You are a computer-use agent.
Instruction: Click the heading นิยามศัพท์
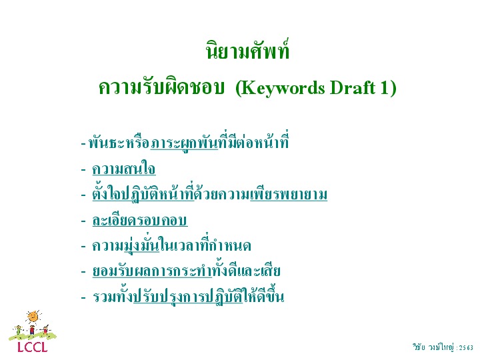coord(247,49)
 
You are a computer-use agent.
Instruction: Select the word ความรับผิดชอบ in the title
coord(161,87)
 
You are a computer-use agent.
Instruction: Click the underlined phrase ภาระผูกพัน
coord(184,143)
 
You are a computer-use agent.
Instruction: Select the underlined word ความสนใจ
coord(124,169)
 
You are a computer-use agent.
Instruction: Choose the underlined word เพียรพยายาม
coord(289,194)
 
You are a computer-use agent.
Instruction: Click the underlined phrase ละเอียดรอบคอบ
coord(140,220)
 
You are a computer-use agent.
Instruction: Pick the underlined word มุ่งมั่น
coord(142,245)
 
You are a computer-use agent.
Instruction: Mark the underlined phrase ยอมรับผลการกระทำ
coord(152,271)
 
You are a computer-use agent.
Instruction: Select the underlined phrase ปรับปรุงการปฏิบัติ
coord(188,296)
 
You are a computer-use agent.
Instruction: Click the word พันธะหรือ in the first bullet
coord(119,143)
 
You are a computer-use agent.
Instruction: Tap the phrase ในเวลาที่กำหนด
coord(205,245)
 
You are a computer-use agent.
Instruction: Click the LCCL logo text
coord(33,347)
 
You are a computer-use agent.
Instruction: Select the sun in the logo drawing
coord(33,317)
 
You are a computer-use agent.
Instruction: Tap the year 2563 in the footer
coord(466,348)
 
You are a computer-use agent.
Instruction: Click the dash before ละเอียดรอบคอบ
coord(83,221)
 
